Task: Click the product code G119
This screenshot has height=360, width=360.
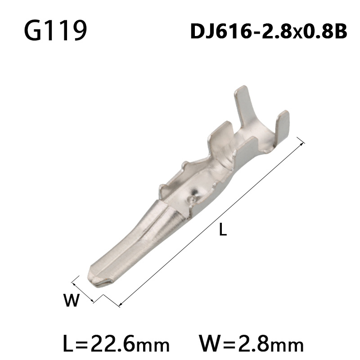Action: [55, 31]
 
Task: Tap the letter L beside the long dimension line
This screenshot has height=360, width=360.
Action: [222, 230]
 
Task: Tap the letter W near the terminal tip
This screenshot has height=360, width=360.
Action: [71, 300]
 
